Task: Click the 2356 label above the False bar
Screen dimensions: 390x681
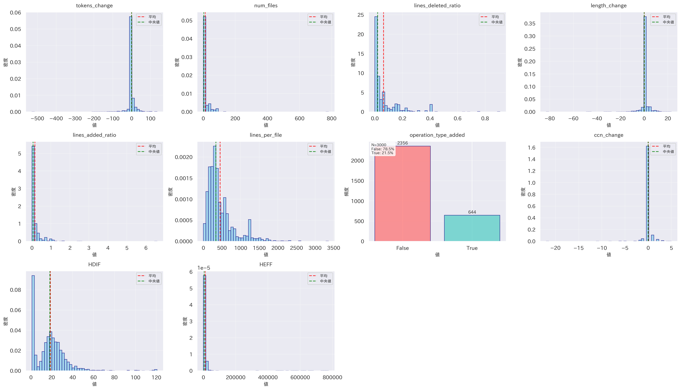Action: pyautogui.click(x=402, y=143)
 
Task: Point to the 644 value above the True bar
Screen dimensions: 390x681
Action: pyautogui.click(x=472, y=212)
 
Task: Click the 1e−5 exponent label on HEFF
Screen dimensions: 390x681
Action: pyautogui.click(x=204, y=268)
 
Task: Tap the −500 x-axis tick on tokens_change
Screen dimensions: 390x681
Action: pyautogui.click(x=37, y=118)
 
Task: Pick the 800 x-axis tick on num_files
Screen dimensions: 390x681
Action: pyautogui.click(x=332, y=118)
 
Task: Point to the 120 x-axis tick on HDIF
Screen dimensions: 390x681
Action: pyautogui.click(x=156, y=377)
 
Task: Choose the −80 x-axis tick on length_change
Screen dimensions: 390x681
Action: pyautogui.click(x=550, y=118)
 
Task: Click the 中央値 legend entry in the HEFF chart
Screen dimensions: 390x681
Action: pyautogui.click(x=325, y=281)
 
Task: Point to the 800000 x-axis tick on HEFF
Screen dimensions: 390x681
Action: pyautogui.click(x=332, y=377)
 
